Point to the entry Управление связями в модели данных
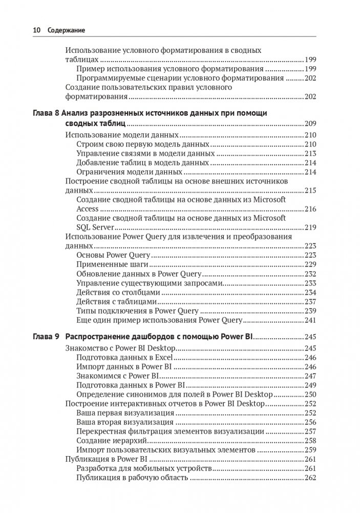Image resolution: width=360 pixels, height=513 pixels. point(145,153)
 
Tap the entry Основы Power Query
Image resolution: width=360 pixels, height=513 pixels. point(113,255)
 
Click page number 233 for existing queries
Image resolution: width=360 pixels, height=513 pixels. point(310,283)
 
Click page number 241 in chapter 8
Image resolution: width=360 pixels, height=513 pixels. point(310,320)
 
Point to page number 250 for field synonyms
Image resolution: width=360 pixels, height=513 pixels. point(310,394)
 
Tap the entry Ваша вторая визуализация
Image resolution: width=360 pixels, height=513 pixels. point(124,422)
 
